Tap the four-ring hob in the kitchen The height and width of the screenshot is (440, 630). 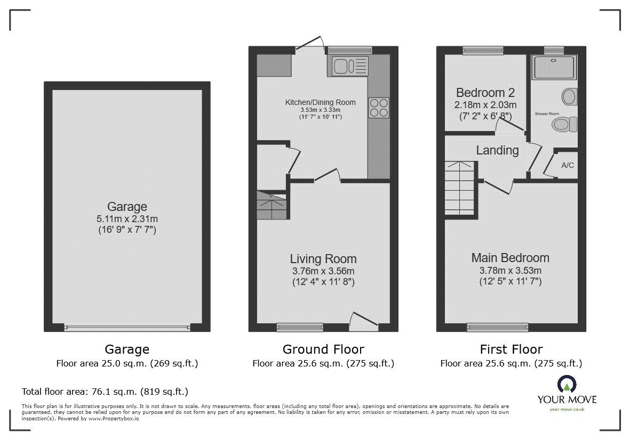pos(378,107)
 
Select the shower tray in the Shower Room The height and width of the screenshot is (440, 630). pos(554,67)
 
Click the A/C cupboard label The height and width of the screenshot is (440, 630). pos(568,165)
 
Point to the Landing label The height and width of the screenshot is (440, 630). pos(497,150)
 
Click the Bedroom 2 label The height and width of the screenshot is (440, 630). pos(485,93)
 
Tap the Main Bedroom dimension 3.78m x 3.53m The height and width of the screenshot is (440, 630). pos(511,271)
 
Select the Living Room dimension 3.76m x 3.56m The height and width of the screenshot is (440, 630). pos(323,271)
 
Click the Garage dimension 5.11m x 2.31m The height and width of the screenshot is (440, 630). pos(127,218)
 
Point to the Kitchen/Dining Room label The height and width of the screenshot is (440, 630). pos(320,102)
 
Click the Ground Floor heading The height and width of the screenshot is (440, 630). pos(323,349)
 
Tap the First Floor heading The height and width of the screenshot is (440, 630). pos(511,349)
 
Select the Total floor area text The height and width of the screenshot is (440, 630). pos(105,392)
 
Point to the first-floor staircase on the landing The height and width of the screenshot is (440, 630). pos(460,189)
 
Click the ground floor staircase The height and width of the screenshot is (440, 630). pos(272,205)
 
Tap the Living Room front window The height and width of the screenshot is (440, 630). pos(300,327)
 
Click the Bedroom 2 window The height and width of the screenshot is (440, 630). pos(483,51)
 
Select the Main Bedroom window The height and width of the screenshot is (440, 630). pos(497,327)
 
